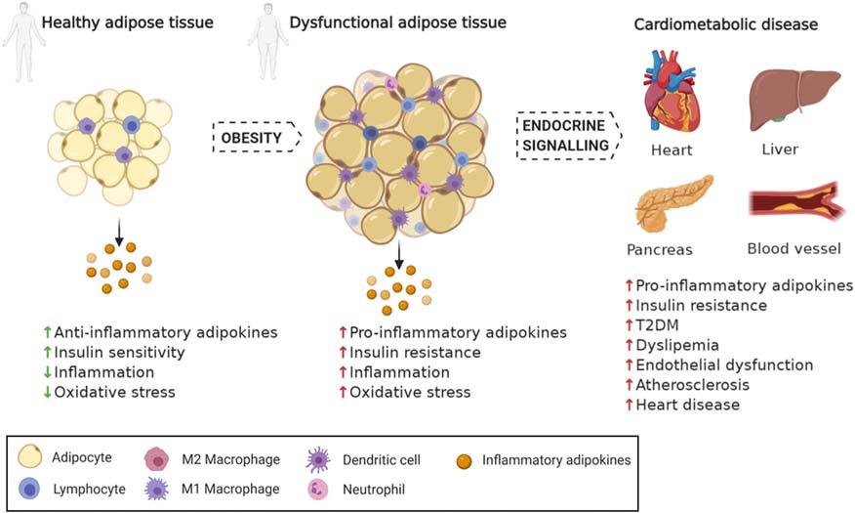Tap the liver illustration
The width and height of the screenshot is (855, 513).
point(794,99)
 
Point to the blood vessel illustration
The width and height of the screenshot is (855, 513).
point(794,203)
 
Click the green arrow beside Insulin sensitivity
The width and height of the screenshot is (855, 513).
point(46,352)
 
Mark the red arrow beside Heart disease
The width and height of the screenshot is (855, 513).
point(629,405)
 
